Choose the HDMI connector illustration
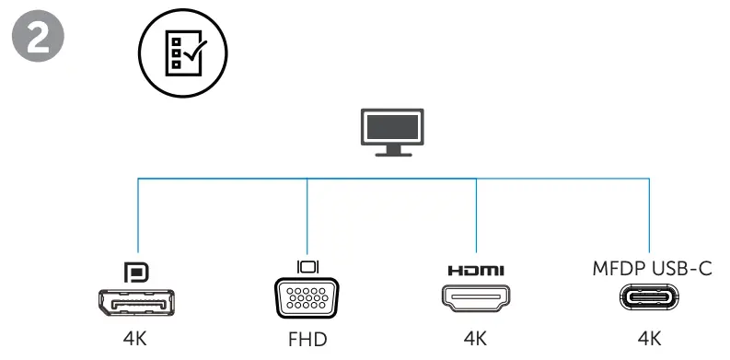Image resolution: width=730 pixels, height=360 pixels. [x=475, y=300]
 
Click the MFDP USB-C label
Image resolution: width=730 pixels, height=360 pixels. [x=649, y=268]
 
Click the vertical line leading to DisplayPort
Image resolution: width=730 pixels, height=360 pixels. [x=138, y=216]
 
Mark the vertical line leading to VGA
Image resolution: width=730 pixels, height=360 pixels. [x=307, y=216]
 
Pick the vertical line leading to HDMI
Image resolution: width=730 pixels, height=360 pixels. [x=475, y=216]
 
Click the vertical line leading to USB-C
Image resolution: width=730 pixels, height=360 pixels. [x=650, y=216]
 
